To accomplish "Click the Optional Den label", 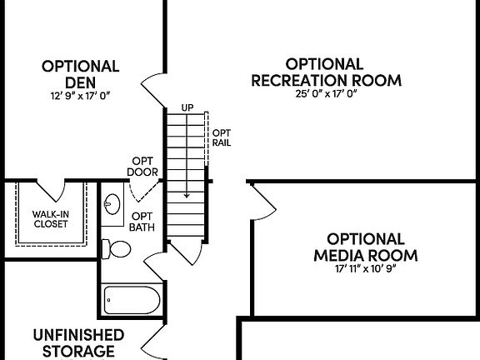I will [x=80, y=74].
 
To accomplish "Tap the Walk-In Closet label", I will [x=52, y=219].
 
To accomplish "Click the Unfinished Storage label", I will [x=78, y=342].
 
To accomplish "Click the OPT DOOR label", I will [x=142, y=167].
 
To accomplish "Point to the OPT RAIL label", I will [x=221, y=137].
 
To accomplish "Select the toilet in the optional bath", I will [x=117, y=248].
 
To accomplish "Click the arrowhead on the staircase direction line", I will [x=187, y=194].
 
